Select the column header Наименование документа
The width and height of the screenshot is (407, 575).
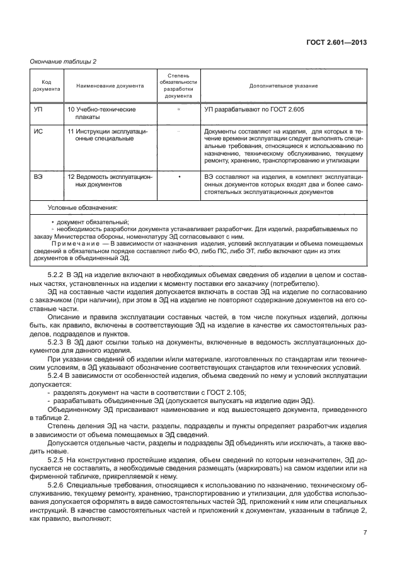(x=110, y=85)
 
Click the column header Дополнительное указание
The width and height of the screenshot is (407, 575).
(x=283, y=85)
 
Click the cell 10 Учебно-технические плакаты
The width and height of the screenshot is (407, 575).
(x=101, y=113)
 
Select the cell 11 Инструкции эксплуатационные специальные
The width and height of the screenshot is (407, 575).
(x=109, y=136)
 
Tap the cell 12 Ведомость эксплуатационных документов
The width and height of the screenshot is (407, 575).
(x=109, y=181)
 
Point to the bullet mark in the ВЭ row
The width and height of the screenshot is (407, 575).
(x=179, y=178)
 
